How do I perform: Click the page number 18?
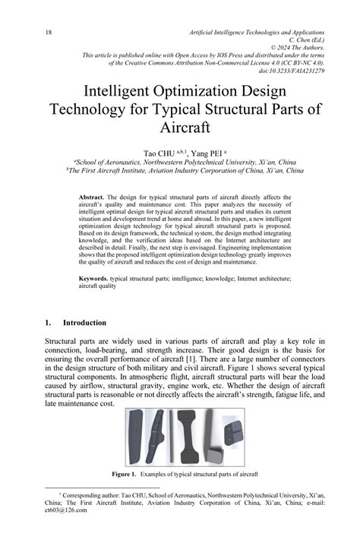49,33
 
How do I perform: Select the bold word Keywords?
94,279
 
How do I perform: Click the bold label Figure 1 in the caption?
123,475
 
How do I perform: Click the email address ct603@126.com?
65,510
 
